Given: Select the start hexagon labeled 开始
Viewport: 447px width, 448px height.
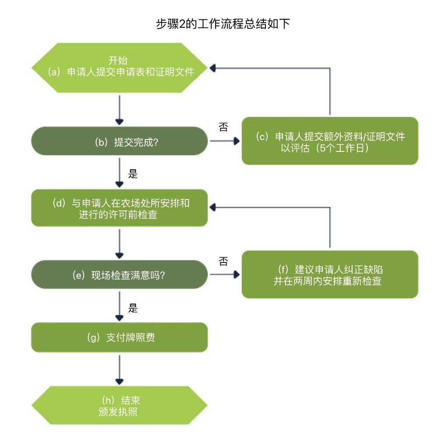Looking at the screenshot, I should point(119,67).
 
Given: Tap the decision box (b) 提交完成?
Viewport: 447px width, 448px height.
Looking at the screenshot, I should point(119,141).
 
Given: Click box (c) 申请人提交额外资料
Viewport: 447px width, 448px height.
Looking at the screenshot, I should point(330,141).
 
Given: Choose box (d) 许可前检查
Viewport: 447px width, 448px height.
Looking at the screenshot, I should point(119,208).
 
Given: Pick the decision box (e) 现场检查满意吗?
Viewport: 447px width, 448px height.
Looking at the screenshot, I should point(119,275).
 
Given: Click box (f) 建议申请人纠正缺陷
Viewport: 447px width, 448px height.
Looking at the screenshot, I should point(330,275).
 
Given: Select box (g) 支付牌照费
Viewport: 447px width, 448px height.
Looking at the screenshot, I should point(119,337).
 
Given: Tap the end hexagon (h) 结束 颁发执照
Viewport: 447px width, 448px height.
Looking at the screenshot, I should point(119,406).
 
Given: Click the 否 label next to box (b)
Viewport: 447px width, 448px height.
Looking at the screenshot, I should point(223,127).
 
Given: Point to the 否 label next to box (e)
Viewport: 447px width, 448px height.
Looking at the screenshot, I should point(223,261).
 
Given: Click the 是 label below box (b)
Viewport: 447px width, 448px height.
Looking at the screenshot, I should point(133,174).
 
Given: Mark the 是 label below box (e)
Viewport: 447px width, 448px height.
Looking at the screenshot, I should point(133,308).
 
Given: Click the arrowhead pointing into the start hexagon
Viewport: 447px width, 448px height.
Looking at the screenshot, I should point(213,68).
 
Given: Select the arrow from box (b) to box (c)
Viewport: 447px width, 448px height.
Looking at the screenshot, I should point(225,141).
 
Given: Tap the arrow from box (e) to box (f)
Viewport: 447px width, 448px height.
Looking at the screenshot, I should point(225,275).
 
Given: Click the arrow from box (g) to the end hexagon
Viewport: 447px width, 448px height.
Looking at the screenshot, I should point(119,369).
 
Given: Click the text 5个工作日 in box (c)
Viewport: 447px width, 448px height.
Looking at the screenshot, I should point(342,148).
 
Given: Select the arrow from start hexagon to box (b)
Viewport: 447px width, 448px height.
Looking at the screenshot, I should point(119,109).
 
